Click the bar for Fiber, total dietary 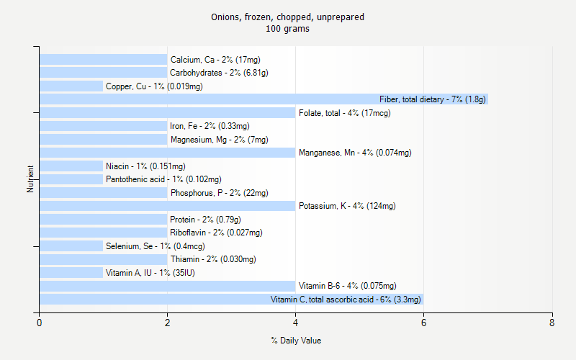pyautogui.click(x=264, y=99)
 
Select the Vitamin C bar pyautogui.click(x=230, y=300)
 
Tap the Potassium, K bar pyautogui.click(x=167, y=206)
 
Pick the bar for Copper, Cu pyautogui.click(x=71, y=86)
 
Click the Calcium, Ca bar pyautogui.click(x=103, y=60)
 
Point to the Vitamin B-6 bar pyautogui.click(x=167, y=286)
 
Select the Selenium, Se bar pyautogui.click(x=71, y=246)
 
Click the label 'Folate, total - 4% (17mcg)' pyautogui.click(x=345, y=113)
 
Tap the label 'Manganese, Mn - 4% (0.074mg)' pyautogui.click(x=355, y=153)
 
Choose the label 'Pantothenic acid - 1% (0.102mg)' pyautogui.click(x=163, y=179)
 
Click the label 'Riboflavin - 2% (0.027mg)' pyautogui.click(x=216, y=233)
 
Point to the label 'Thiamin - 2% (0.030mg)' pyautogui.click(x=213, y=259)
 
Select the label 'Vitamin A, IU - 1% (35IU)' pyautogui.click(x=150, y=273)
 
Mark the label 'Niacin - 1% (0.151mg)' pyautogui.click(x=145, y=166)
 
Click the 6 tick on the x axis pyautogui.click(x=423, y=323)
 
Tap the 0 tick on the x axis pyautogui.click(x=40, y=323)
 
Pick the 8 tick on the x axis pyautogui.click(x=552, y=323)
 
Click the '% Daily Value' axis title pyautogui.click(x=296, y=341)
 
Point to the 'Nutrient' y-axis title pyautogui.click(x=30, y=179)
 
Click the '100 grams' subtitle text pyautogui.click(x=288, y=30)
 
